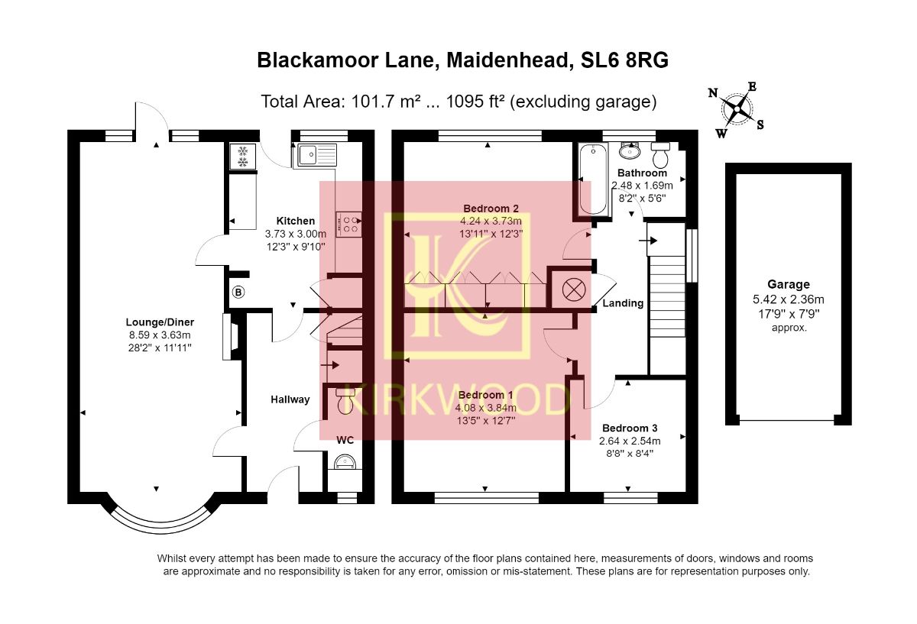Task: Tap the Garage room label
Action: click(789, 284)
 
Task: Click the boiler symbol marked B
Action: click(238, 292)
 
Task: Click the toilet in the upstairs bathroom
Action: click(660, 156)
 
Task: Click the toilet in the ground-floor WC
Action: click(345, 401)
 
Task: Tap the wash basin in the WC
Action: click(345, 463)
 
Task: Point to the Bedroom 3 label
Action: click(630, 428)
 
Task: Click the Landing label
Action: click(623, 303)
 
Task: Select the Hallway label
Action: click(290, 399)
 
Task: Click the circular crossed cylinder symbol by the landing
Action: click(573, 289)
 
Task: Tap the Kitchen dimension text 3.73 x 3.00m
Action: click(296, 234)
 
